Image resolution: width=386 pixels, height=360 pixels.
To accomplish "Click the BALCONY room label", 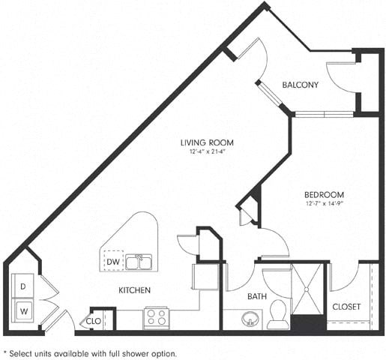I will point(301,85).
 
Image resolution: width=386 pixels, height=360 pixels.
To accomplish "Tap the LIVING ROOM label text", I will point(206,142).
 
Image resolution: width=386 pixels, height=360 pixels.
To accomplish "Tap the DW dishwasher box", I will point(112,262).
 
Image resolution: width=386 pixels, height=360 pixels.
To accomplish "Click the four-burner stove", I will point(155,316).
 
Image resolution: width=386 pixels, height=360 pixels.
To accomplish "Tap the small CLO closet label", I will point(94,321).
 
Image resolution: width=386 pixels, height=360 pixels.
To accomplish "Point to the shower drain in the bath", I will point(308,286).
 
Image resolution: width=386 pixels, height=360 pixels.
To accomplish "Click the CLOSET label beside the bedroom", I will point(346,307).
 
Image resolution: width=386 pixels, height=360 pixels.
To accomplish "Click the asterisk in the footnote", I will point(6,351).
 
